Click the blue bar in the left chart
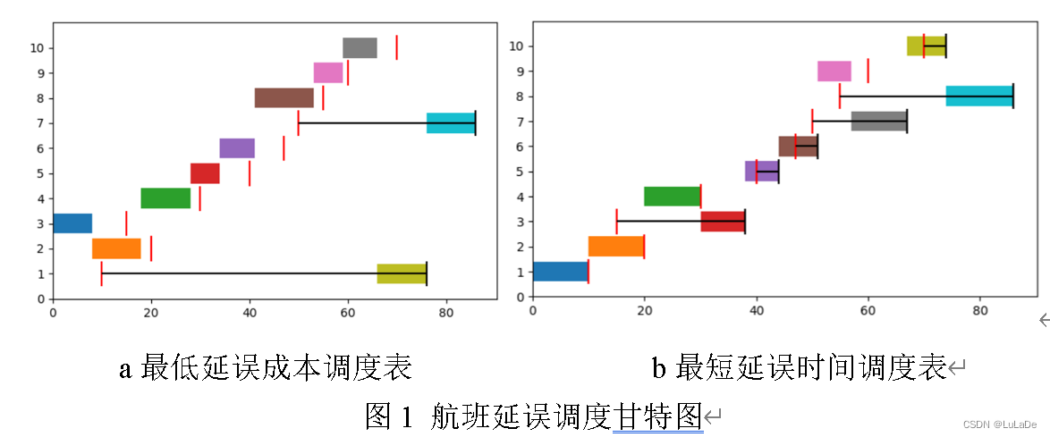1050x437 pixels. point(72,223)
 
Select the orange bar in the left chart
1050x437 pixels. point(116,248)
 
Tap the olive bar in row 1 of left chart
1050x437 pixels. point(402,273)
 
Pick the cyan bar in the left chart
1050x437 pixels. point(451,123)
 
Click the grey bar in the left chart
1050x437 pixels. point(360,47)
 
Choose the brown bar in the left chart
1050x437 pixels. point(284,97)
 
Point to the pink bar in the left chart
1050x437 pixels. point(328,72)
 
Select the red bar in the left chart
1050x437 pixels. point(205,173)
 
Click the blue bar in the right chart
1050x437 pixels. point(560,272)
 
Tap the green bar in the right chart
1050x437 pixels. point(672,196)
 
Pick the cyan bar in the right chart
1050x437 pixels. point(979,96)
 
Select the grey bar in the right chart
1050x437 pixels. point(879,121)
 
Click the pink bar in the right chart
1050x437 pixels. point(834,71)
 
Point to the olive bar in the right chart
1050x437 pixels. point(926,46)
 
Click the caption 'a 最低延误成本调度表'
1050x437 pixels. point(266,367)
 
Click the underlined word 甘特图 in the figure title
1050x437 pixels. point(657,416)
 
